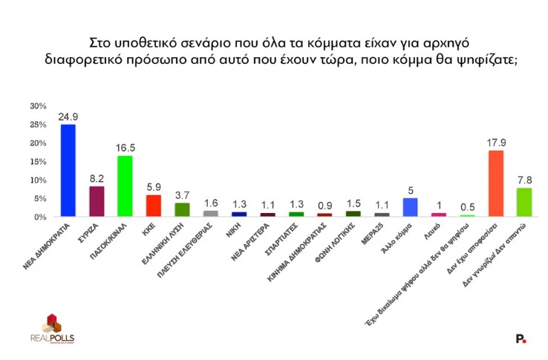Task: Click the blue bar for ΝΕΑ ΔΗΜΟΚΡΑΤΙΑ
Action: click(x=68, y=170)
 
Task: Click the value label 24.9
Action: click(x=68, y=117)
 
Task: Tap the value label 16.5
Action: click(x=125, y=148)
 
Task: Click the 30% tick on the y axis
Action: click(x=38, y=106)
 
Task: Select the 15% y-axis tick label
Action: click(x=38, y=162)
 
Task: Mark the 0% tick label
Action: click(x=40, y=217)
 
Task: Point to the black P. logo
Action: click(x=521, y=338)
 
